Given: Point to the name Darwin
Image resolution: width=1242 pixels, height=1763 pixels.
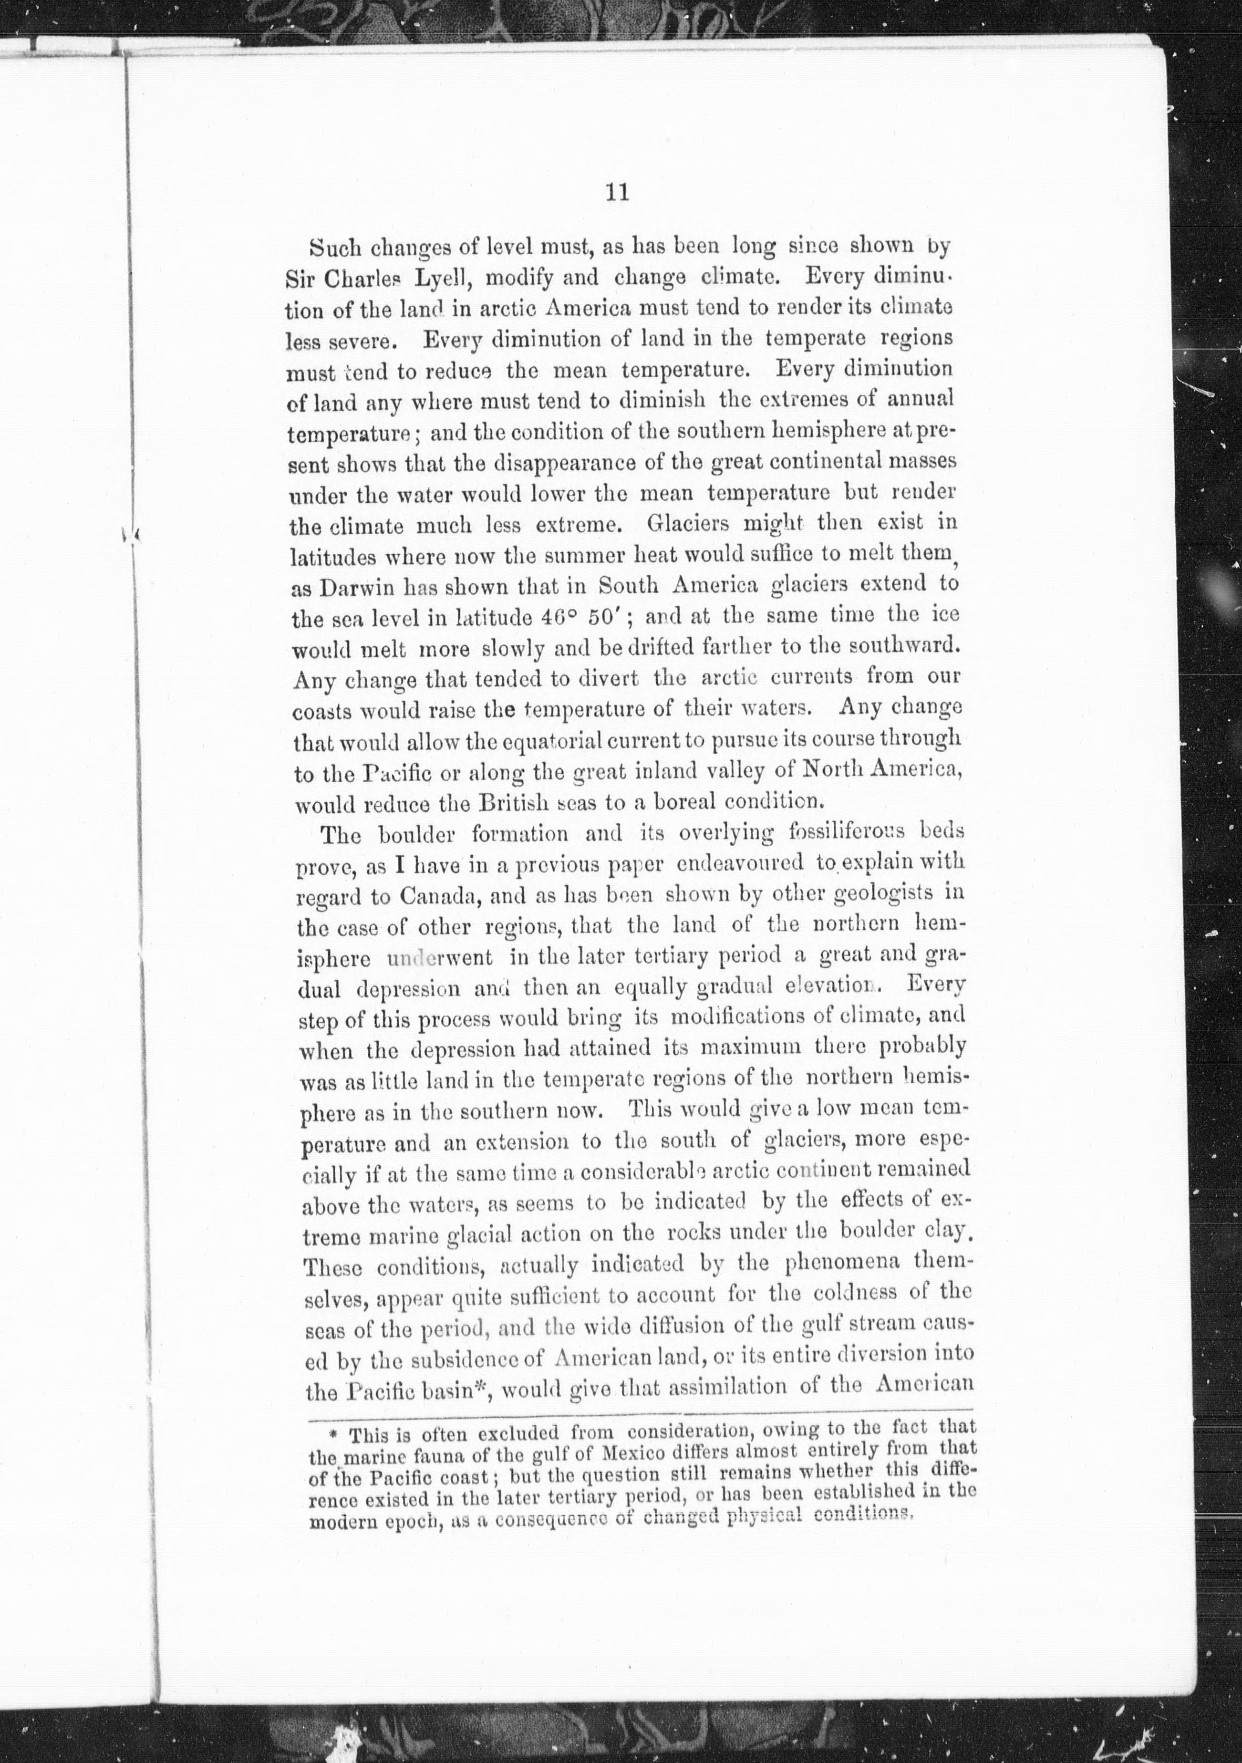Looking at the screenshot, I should [343, 587].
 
